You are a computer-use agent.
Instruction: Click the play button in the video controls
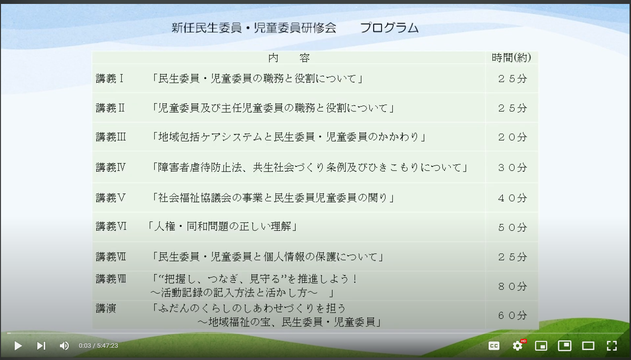coord(18,346)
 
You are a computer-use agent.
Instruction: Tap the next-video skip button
coord(41,346)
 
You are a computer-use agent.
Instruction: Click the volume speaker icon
coord(64,346)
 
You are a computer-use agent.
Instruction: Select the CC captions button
coord(494,346)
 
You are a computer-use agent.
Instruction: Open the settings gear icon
coord(518,346)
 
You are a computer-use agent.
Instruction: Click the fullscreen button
coord(611,346)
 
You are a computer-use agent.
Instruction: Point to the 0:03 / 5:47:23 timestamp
coord(98,346)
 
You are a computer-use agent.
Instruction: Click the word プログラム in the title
coord(389,28)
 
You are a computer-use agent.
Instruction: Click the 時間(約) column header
coord(511,58)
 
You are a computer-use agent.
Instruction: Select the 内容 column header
coord(289,58)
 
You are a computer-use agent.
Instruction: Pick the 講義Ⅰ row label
coord(110,79)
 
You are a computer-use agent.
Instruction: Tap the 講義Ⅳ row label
coord(110,167)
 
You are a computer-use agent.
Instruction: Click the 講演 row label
coord(106,308)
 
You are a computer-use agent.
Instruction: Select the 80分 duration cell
coord(512,286)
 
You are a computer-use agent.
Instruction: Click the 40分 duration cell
coord(512,198)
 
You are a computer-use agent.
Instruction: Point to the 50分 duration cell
coord(512,227)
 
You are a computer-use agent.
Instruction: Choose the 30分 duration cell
coord(512,167)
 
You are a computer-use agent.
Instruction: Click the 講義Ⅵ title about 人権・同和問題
coord(222,226)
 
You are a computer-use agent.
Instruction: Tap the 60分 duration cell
coord(512,315)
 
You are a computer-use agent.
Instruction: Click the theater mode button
coord(588,346)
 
